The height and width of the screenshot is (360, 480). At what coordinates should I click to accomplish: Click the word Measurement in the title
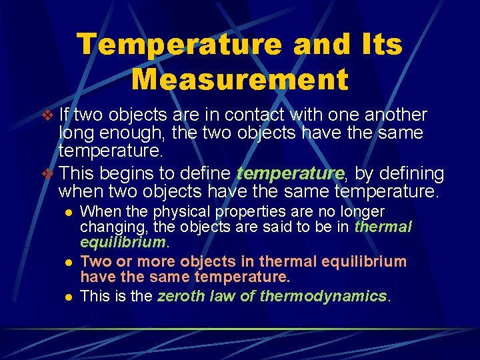tap(240, 79)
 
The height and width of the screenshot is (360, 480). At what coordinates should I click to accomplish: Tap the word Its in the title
tap(377, 45)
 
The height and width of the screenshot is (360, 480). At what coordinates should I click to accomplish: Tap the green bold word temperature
tap(291, 174)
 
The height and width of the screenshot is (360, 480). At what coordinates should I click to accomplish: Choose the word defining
tap(407, 174)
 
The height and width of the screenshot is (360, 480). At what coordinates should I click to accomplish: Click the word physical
tap(181, 211)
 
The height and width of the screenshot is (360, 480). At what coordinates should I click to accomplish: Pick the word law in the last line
tap(223, 295)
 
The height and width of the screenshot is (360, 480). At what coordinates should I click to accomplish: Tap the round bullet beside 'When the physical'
tap(67, 212)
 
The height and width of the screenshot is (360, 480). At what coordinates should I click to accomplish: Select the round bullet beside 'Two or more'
tap(67, 261)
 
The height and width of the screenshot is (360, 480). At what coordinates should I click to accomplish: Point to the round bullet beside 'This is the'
tap(67, 296)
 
